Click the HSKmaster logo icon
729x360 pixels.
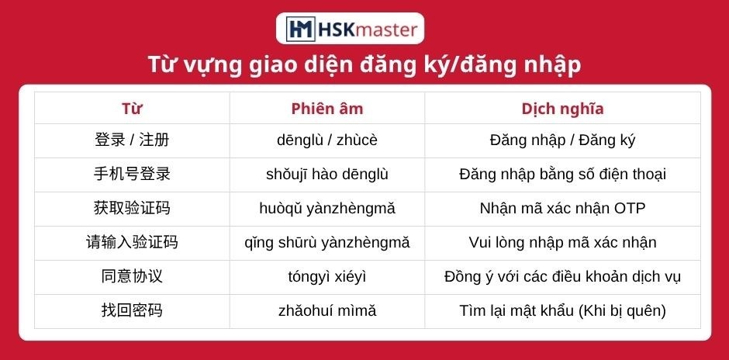[x=300, y=29]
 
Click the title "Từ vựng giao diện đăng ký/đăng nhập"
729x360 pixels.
[x=364, y=65]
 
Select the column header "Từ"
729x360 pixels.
[x=132, y=109]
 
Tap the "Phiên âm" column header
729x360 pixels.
[x=326, y=109]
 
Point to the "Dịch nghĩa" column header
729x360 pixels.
[x=562, y=109]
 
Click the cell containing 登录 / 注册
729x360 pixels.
[x=132, y=140]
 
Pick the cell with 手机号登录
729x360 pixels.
[x=132, y=174]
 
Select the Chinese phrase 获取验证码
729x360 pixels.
[x=132, y=208]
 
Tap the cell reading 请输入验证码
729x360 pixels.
[x=132, y=242]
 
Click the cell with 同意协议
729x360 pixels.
[x=132, y=276]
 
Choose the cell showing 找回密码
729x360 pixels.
[x=132, y=310]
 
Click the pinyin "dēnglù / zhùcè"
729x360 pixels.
[x=326, y=140]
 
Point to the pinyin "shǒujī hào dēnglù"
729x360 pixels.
[x=326, y=174]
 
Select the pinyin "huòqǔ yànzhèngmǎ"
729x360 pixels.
[x=326, y=209]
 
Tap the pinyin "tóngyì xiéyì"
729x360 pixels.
[x=326, y=277]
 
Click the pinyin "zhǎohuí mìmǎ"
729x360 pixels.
[x=326, y=310]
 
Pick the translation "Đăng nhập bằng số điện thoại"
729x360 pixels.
[x=562, y=174]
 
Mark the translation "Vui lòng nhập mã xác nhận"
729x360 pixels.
[x=562, y=242]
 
